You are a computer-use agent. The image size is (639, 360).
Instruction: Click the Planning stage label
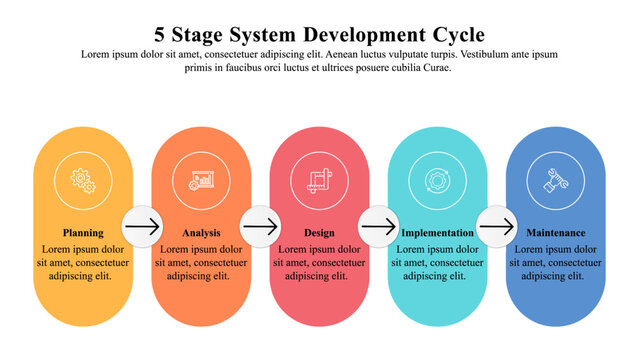tap(83, 233)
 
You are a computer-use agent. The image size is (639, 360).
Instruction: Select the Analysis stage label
tap(201, 233)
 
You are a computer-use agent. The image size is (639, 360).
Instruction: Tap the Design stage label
tap(319, 233)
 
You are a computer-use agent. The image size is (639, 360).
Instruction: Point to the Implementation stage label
tap(437, 233)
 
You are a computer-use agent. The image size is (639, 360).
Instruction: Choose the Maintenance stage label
tap(556, 233)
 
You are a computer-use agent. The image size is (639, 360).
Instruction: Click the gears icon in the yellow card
tap(83, 180)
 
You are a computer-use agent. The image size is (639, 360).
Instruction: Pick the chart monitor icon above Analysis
tap(201, 180)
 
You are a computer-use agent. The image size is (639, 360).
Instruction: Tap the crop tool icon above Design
tap(319, 180)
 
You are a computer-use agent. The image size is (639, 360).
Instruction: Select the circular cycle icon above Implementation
tap(437, 180)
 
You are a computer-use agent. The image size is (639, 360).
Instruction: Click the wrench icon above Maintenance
tap(555, 180)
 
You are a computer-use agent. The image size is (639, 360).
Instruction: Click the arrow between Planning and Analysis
tap(142, 227)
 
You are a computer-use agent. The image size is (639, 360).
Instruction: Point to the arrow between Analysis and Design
tap(260, 227)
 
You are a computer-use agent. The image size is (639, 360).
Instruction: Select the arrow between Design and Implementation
tap(378, 227)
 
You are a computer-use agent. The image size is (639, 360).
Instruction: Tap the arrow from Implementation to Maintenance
tap(496, 227)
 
